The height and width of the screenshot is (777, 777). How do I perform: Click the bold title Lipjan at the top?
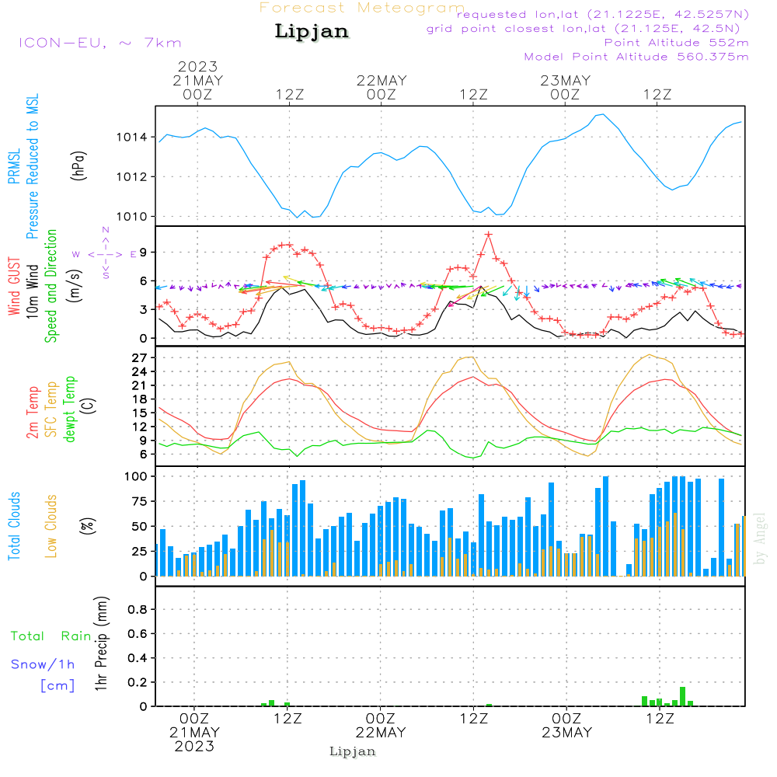(x=312, y=31)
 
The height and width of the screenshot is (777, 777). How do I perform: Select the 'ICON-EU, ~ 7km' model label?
(x=99, y=43)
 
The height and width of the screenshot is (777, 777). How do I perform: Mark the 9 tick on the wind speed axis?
(x=144, y=252)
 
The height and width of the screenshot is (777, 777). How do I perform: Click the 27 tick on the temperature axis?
(x=141, y=357)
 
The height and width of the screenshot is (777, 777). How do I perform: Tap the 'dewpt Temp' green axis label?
(x=70, y=409)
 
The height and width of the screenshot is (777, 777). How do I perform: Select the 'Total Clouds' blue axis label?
(x=15, y=526)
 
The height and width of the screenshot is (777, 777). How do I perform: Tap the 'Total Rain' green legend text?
(x=51, y=636)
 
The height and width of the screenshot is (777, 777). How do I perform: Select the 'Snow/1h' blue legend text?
(x=44, y=664)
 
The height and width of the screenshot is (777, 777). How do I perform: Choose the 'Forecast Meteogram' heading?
(x=362, y=9)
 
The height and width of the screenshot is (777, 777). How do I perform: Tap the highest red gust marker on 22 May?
(x=489, y=234)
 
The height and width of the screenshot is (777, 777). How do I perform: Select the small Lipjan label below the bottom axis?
(x=353, y=751)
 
